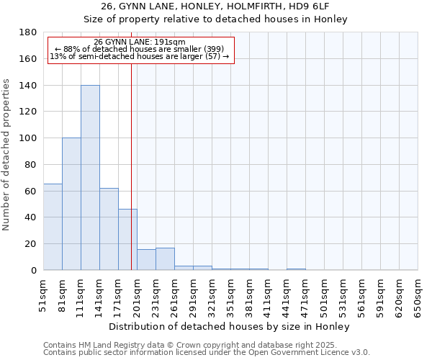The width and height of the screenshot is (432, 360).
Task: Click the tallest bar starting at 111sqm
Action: pos(90,178)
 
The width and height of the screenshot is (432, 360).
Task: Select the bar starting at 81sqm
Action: pos(71,204)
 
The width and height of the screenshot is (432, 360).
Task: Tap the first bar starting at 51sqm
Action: pos(53,227)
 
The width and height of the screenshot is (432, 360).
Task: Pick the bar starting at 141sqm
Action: pos(109,229)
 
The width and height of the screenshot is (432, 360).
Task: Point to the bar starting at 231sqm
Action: pos(165,259)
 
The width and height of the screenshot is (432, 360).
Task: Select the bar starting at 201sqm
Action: pos(146,260)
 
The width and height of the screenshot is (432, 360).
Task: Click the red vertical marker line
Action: pos(131,166)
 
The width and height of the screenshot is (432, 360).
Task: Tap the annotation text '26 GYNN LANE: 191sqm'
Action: pos(140,42)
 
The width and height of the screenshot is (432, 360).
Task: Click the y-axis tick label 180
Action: pos(28,32)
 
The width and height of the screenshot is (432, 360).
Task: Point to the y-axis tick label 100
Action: pos(28,138)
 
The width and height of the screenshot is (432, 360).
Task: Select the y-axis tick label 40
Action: pos(31,217)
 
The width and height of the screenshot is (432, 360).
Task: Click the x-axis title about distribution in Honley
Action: pos(230,326)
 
